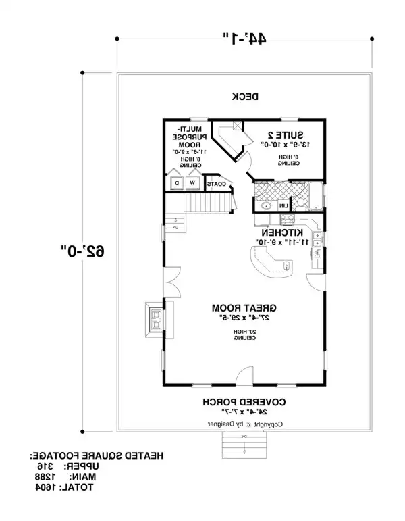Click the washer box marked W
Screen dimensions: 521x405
pos(192,183)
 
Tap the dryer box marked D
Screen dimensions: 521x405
pos(177,183)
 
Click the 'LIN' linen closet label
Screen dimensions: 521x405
pos(284,205)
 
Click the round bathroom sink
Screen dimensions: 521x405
pos(266,205)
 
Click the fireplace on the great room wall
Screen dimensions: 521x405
pos(155,319)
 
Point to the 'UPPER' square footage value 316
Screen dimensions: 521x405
pos(45,467)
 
